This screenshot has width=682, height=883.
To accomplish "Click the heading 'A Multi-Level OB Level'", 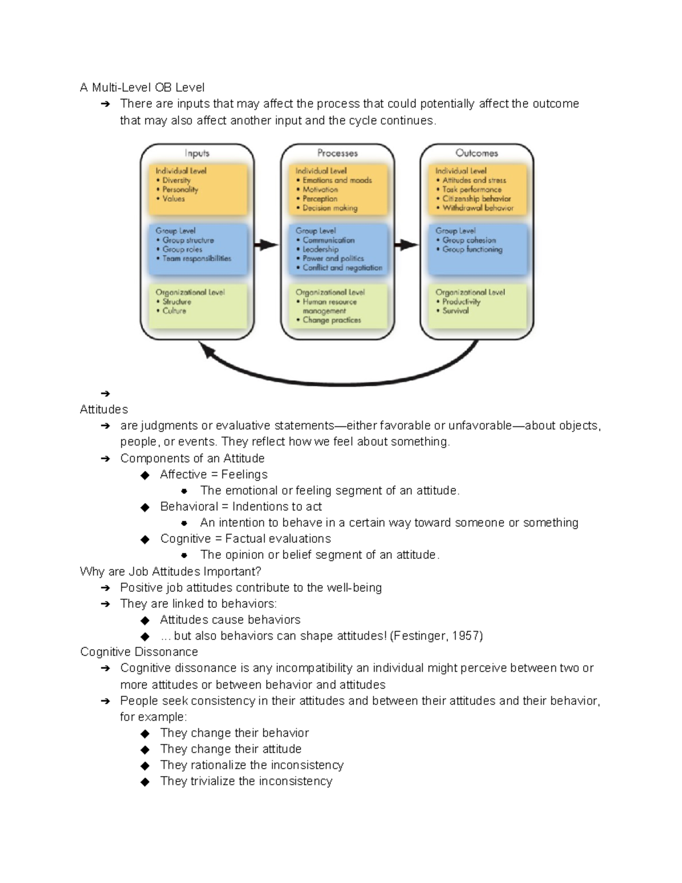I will click(142, 88).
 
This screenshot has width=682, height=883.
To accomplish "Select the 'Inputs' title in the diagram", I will click(197, 154).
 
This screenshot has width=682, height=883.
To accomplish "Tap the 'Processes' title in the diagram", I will click(337, 153).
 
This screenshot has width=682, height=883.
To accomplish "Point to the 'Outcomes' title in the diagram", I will click(476, 153).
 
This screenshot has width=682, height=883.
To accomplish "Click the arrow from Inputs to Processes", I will click(267, 245).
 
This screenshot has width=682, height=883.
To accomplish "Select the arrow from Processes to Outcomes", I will click(406, 245).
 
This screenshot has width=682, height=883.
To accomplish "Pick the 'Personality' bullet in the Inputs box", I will click(180, 189).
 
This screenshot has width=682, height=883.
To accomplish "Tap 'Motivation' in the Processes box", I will click(320, 189).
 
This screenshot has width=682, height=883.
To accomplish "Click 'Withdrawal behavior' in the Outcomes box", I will click(477, 208).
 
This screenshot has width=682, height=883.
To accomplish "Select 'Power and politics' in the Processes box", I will click(333, 258).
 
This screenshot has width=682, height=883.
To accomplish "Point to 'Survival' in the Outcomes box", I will click(455, 311).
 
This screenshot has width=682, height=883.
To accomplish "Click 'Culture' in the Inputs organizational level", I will click(174, 311).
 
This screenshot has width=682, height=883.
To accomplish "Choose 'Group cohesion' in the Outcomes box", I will click(469, 240).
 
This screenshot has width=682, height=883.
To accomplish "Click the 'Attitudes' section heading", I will click(104, 409).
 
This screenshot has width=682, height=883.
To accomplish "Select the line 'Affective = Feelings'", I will click(214, 474).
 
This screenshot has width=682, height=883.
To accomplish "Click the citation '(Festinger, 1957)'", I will click(436, 636).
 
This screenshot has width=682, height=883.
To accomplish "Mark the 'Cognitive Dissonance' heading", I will click(139, 652).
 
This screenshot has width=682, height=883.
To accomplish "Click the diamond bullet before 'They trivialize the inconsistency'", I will click(145, 782).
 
